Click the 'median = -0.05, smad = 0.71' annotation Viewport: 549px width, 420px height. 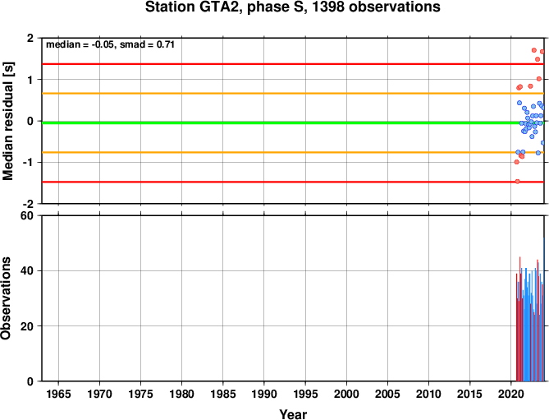pyautogui.click(x=110, y=44)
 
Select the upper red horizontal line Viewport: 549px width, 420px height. pyautogui.click(x=293, y=64)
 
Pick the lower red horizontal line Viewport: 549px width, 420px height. pyautogui.click(x=293, y=182)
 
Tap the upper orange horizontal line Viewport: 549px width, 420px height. pyautogui.click(x=293, y=93)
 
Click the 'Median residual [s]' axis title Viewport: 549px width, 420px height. pyautogui.click(x=7, y=121)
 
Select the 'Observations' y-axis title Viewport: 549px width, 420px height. pyautogui.click(x=6, y=298)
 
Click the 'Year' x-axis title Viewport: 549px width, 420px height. pyautogui.click(x=293, y=414)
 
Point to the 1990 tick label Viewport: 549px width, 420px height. pyautogui.click(x=264, y=394)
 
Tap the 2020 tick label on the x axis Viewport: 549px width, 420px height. pyautogui.click(x=511, y=394)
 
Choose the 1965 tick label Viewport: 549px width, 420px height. pyautogui.click(x=58, y=394)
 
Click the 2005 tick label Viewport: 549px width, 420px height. pyautogui.click(x=387, y=394)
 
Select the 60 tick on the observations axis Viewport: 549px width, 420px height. pyautogui.click(x=27, y=216)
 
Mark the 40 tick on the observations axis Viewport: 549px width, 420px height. pyautogui.click(x=27, y=271)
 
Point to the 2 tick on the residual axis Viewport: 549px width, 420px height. pyautogui.click(x=30, y=38)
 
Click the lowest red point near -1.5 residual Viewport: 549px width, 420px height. pyautogui.click(x=517, y=182)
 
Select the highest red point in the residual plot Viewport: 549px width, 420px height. pyautogui.click(x=534, y=50)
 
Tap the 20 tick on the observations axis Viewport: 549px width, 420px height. pyautogui.click(x=27, y=326)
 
